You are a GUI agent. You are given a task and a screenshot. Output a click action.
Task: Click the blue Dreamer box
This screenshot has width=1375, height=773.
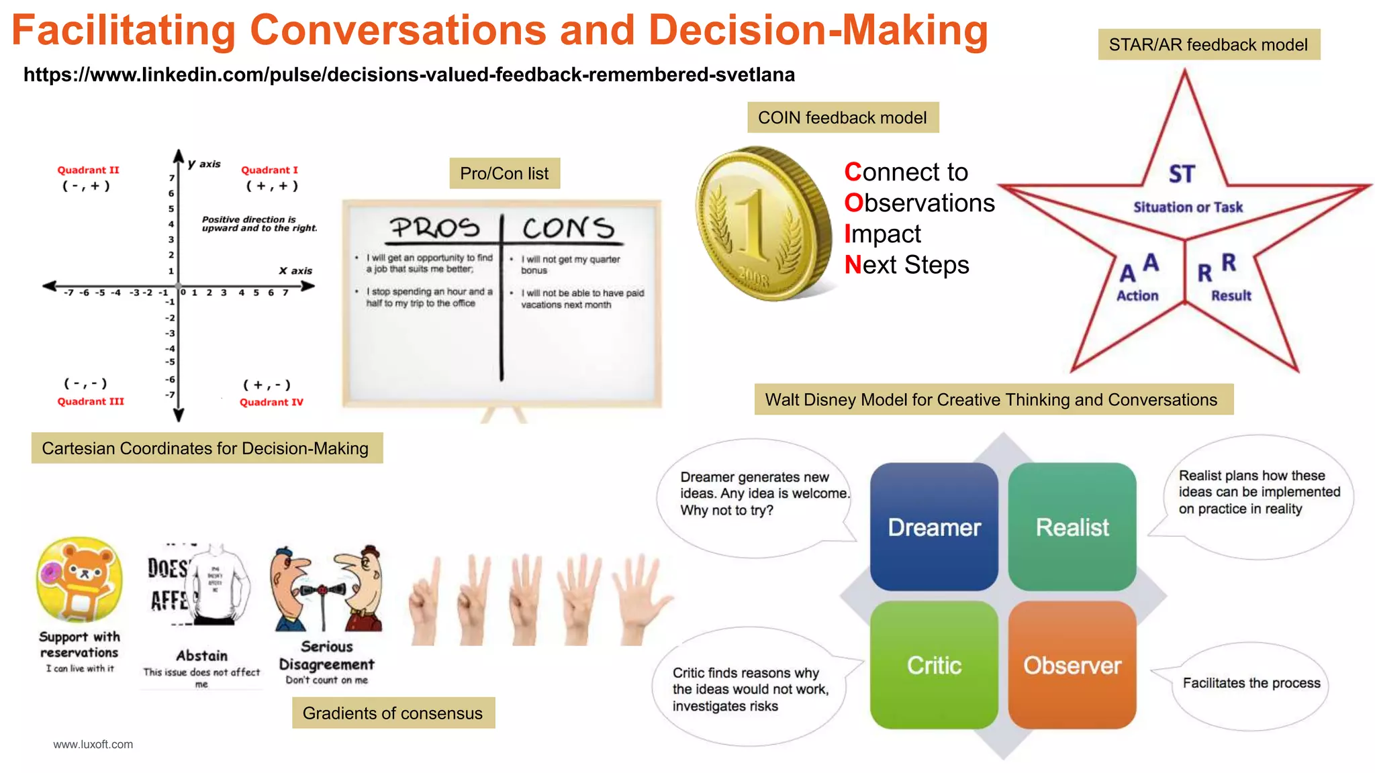(934, 527)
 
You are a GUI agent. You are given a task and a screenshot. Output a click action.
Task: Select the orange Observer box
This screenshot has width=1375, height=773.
(1072, 665)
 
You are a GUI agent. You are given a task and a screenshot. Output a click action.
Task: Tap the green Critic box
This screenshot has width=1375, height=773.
(934, 665)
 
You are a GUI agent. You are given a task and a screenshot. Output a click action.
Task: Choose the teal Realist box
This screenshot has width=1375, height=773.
(1072, 527)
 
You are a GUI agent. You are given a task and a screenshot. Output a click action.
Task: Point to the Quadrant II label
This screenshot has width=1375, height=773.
(88, 170)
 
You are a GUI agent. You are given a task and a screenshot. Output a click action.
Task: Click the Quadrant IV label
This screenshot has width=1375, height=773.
(271, 403)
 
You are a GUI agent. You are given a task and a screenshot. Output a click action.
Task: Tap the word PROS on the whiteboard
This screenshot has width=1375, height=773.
(435, 228)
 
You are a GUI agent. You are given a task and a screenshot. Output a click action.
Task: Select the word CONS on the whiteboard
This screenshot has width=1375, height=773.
(568, 228)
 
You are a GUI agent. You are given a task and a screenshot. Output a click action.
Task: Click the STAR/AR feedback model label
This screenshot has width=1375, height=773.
(1208, 45)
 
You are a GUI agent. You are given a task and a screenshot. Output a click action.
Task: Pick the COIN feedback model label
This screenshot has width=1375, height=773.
(843, 118)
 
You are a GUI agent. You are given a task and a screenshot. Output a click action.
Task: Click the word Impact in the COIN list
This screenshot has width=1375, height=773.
(883, 234)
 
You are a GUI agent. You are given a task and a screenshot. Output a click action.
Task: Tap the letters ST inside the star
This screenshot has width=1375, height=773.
(1182, 174)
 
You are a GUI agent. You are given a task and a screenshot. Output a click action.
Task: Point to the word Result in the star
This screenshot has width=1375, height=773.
(1231, 296)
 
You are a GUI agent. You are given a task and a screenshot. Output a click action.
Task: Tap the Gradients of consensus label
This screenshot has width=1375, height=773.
(393, 713)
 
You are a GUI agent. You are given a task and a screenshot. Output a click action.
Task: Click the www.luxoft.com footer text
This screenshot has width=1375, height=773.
(93, 744)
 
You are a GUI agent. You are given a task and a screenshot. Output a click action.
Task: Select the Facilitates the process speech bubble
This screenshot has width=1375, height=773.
(1251, 684)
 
